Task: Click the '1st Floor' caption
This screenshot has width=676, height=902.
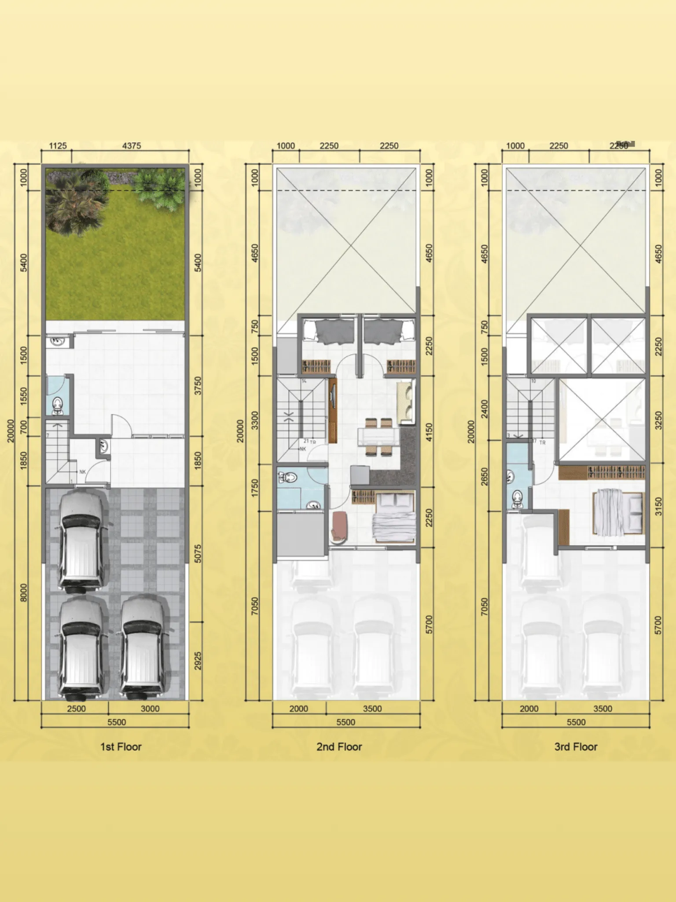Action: click(121, 747)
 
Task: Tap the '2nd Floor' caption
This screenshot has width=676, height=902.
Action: click(339, 747)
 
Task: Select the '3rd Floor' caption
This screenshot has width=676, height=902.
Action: click(576, 747)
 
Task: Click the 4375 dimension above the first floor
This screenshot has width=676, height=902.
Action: click(131, 146)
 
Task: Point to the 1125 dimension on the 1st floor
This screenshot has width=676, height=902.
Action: click(58, 146)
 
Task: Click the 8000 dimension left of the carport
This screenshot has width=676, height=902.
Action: click(24, 592)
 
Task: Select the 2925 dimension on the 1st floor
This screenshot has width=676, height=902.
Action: click(198, 661)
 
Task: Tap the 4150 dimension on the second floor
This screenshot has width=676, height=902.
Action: click(430, 433)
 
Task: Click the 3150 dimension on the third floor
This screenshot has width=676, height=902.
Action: click(658, 506)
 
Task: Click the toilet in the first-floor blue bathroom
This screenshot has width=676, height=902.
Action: click(58, 406)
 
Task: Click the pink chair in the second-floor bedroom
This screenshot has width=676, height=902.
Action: click(339, 525)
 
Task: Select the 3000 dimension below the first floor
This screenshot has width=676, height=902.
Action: click(150, 709)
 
